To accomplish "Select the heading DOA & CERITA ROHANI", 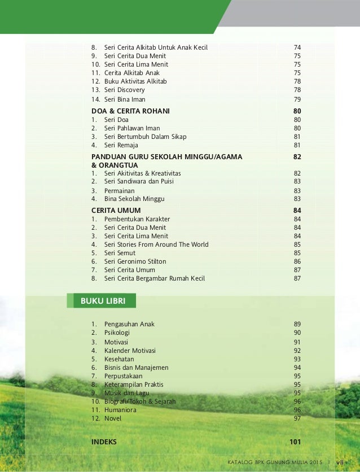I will click(130, 111).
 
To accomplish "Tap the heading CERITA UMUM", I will click(116, 211).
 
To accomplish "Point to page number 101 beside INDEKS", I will click(295, 442).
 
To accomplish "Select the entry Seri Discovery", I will click(124, 90).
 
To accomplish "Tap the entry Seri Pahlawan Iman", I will click(132, 128).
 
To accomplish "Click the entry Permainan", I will click(119, 191).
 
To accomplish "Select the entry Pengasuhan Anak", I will click(129, 324).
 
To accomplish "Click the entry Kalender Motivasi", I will click(130, 350).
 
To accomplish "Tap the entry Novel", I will click(113, 418).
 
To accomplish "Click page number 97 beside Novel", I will click(297, 418).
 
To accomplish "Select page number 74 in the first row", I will click(297, 47).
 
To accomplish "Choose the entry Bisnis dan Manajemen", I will click(136, 368).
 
